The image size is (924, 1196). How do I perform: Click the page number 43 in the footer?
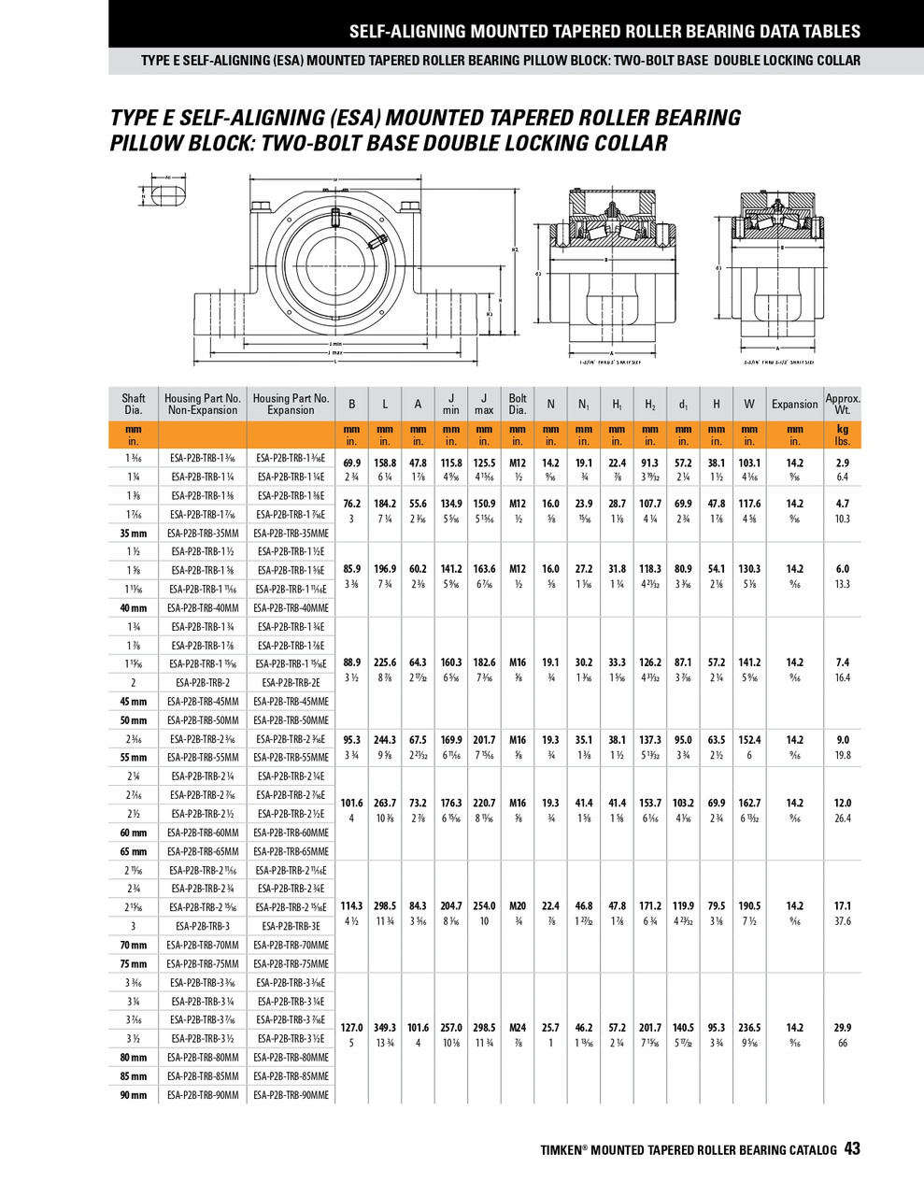(x=852, y=1149)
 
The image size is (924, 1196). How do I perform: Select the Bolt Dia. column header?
(x=518, y=404)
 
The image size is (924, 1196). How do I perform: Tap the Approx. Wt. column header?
(x=843, y=404)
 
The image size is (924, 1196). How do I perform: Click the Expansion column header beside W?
(x=794, y=404)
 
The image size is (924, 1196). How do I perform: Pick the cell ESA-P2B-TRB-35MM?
(x=203, y=533)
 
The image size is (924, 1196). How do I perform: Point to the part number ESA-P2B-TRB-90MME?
(x=291, y=1095)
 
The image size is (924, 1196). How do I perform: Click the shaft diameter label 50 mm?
(x=134, y=720)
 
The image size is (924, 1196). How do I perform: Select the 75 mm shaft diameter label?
(x=134, y=963)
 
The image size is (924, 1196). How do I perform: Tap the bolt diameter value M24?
(x=518, y=1027)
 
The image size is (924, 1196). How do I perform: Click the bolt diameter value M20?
(x=518, y=905)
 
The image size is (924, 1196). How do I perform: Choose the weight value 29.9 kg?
(x=843, y=1027)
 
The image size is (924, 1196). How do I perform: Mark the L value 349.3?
(x=385, y=1027)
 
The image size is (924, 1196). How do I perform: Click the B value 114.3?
(x=351, y=905)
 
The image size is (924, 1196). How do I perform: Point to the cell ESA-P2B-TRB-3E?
(x=291, y=926)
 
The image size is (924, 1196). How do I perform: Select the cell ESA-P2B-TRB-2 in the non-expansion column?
(x=203, y=682)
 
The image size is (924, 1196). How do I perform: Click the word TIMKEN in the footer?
(x=562, y=1150)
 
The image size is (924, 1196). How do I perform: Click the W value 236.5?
(x=749, y=1027)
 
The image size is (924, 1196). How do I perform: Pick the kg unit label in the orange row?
(x=843, y=429)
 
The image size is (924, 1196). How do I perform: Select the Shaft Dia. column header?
(x=134, y=404)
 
